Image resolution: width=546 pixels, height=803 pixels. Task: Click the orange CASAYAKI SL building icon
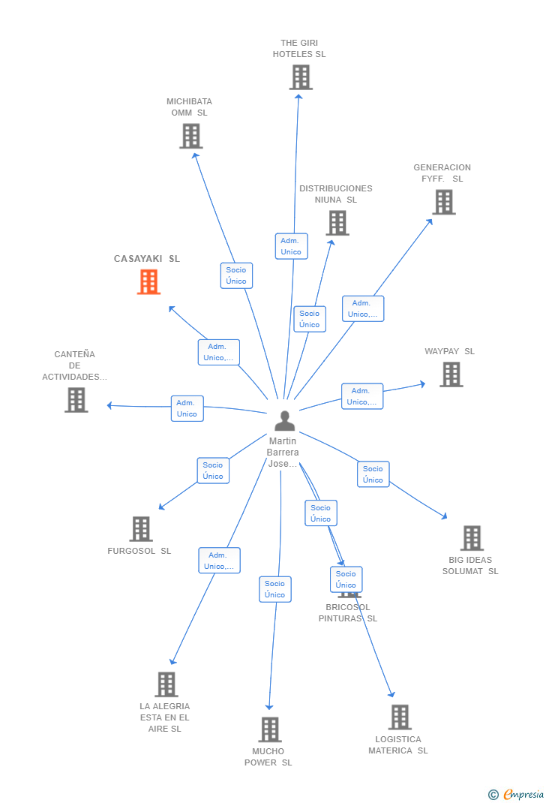148,282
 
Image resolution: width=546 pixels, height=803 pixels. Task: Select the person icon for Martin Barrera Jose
284,421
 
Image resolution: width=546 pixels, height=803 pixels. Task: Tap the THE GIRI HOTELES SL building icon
300,77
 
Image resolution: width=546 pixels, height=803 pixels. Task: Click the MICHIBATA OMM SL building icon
191,136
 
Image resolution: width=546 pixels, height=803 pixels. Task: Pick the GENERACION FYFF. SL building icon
443,202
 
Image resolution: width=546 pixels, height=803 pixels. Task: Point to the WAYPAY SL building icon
451,374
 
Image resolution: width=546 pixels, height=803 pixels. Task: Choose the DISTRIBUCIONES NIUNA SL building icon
337,223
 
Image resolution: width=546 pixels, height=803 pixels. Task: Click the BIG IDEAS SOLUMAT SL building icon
471,538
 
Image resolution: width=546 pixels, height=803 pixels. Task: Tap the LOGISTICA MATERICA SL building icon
400,717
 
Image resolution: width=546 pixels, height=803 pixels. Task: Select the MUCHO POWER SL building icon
269,729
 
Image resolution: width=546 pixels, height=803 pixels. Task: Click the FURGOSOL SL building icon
140,529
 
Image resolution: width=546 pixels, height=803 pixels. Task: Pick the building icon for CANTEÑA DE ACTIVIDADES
76,400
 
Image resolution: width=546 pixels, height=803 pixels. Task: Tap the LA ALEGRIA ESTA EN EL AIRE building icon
166,684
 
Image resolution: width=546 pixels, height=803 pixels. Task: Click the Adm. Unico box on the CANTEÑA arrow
187,408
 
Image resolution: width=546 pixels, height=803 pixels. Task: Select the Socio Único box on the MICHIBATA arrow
236,275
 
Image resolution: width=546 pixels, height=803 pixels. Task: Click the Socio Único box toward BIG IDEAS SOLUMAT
373,474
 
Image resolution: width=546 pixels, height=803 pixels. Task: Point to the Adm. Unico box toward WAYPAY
362,396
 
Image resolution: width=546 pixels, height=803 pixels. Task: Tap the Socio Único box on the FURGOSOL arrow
213,471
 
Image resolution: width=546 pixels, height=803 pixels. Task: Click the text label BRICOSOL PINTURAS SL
347,613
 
